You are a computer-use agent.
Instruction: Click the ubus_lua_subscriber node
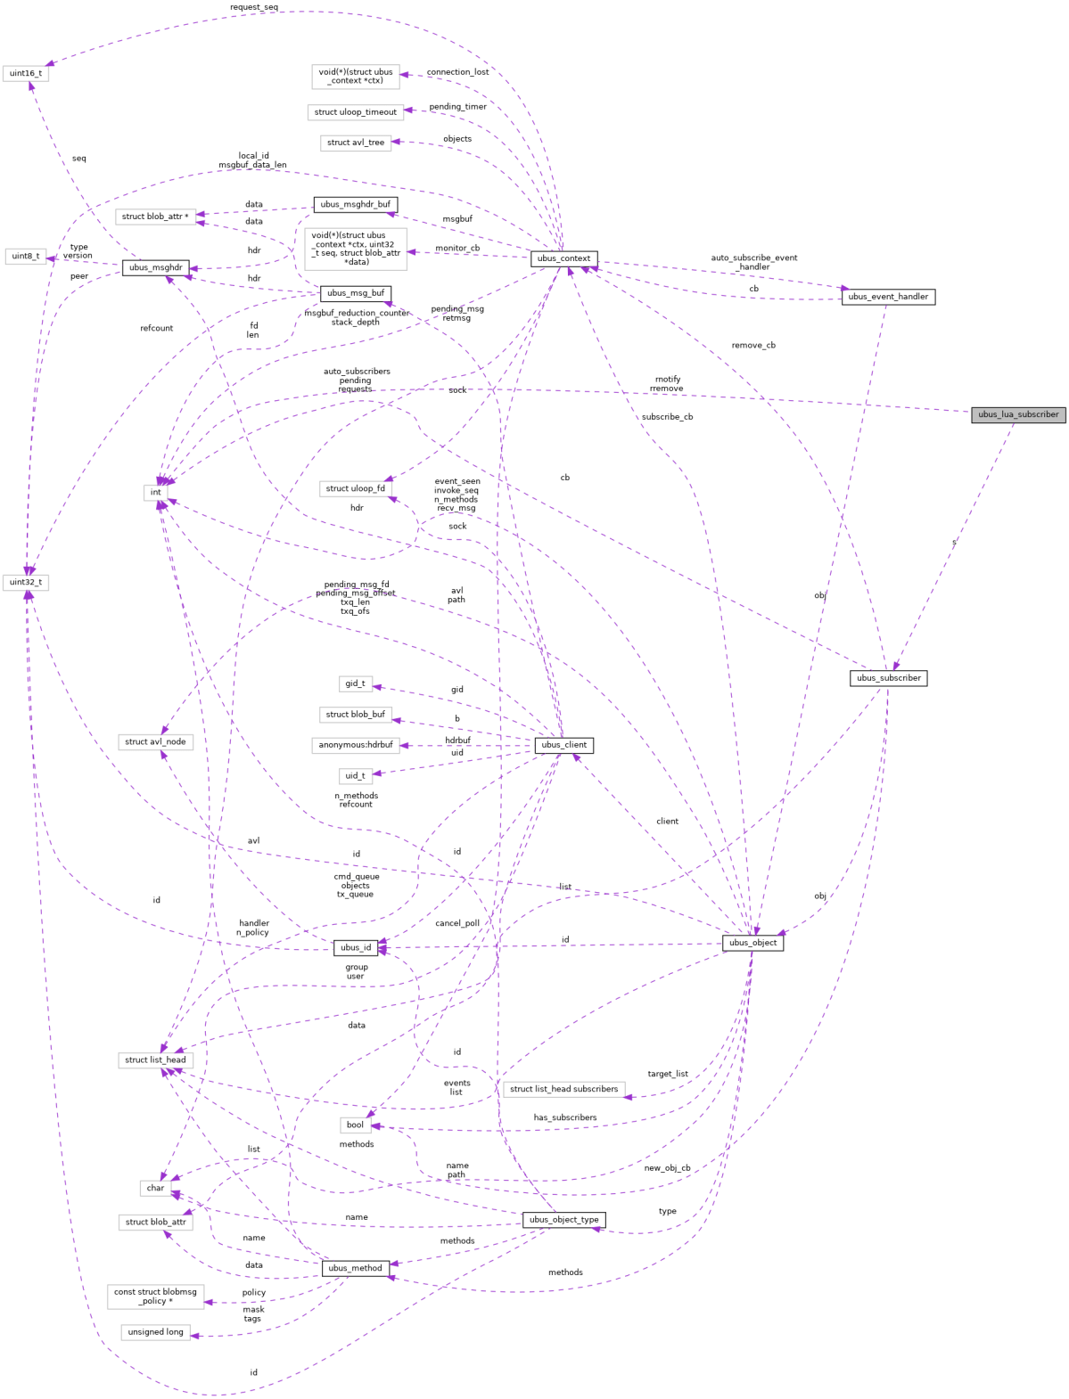(1018, 414)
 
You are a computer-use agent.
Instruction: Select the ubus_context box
(563, 258)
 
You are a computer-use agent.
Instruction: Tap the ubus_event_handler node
(888, 297)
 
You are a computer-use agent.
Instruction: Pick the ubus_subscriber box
(888, 678)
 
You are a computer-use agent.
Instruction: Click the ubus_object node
(752, 943)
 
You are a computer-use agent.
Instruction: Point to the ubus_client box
(563, 745)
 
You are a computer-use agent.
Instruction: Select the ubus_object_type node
(563, 1220)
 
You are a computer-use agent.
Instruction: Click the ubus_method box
(355, 1268)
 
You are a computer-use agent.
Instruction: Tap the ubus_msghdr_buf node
(355, 204)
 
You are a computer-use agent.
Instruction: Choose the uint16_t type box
(26, 73)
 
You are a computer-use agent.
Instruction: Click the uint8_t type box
(26, 256)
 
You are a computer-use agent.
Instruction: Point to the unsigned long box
(156, 1332)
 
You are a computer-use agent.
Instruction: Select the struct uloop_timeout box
(355, 112)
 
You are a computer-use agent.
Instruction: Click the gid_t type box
(355, 683)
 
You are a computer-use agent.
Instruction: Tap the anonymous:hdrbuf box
(355, 745)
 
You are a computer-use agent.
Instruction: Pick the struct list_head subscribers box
(563, 1089)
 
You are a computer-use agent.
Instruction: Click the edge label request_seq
(254, 7)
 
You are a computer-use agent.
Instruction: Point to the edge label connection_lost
(457, 72)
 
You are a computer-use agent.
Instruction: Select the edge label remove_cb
(753, 345)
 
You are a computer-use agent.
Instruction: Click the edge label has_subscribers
(565, 1117)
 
